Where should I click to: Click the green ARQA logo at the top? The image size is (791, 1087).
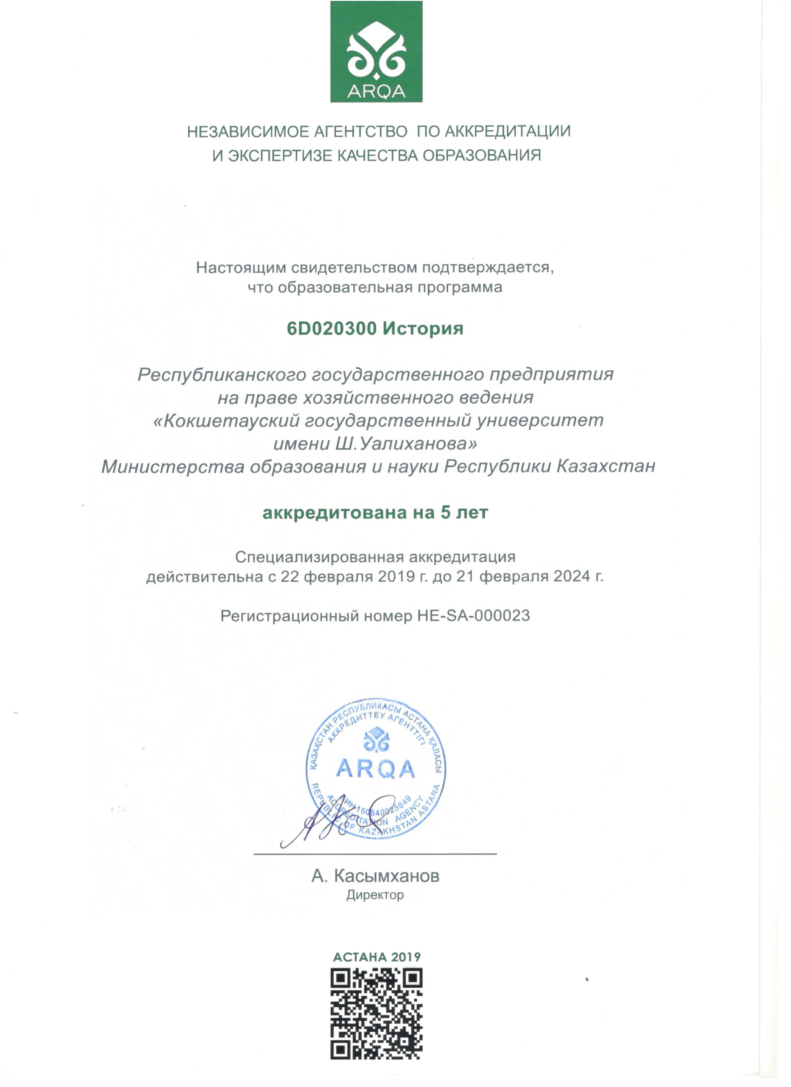(376, 52)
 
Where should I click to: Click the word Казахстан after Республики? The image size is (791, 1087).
(605, 466)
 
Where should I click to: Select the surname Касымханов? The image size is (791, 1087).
(387, 876)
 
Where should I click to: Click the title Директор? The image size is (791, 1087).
(375, 895)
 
